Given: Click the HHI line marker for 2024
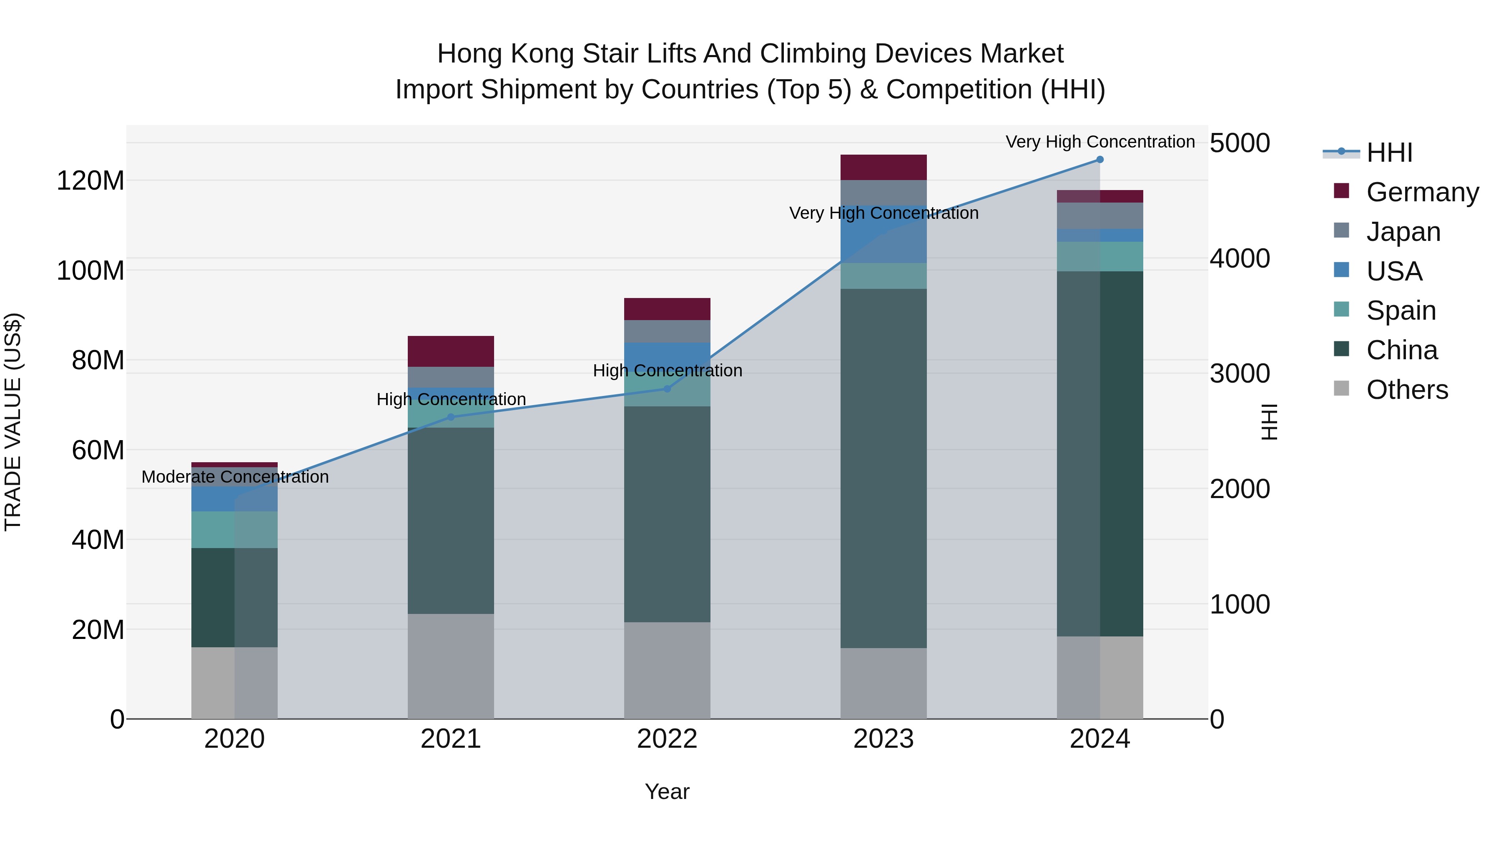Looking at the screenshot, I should pyautogui.click(x=1099, y=160).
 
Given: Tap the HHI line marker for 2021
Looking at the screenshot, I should pyautogui.click(x=450, y=417).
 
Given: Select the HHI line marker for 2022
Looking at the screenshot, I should pyautogui.click(x=667, y=388).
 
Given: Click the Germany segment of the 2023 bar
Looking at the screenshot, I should pyautogui.click(x=884, y=167).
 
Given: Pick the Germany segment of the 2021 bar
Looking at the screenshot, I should pyautogui.click(x=450, y=351).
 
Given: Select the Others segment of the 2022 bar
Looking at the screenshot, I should pyautogui.click(x=667, y=670).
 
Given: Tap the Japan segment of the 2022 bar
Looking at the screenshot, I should pyautogui.click(x=667, y=331).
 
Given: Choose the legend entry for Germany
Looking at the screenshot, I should pyautogui.click(x=1422, y=192).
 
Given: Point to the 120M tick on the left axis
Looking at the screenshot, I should pyautogui.click(x=90, y=180).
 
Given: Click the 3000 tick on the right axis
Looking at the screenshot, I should pyautogui.click(x=1240, y=373).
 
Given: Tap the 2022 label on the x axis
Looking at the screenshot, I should pyautogui.click(x=667, y=739).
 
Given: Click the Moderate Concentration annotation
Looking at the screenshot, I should pyautogui.click(x=235, y=477).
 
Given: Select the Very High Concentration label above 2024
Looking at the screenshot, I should pyautogui.click(x=1099, y=142).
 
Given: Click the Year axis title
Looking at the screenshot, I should pyautogui.click(x=667, y=791).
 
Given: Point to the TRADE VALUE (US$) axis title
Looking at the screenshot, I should pyautogui.click(x=13, y=422).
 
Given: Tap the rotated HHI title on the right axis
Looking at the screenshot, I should pyautogui.click(x=1268, y=422).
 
